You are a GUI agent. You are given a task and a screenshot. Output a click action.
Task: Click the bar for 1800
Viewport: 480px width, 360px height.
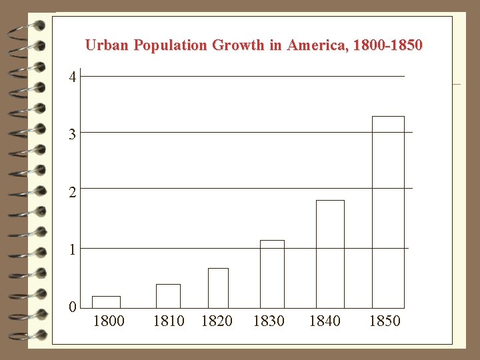pyautogui.click(x=106, y=302)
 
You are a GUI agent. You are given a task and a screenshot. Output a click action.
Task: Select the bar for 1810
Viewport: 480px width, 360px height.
pyautogui.click(x=168, y=296)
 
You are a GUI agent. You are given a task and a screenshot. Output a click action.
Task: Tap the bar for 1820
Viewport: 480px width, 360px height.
pyautogui.click(x=218, y=288)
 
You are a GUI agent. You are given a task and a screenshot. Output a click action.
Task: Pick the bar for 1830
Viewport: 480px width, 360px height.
pyautogui.click(x=272, y=274)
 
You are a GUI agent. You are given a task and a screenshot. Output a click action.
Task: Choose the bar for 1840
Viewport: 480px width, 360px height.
pyautogui.click(x=330, y=254)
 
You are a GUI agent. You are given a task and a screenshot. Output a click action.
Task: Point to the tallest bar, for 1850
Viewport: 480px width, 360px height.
pyautogui.click(x=388, y=212)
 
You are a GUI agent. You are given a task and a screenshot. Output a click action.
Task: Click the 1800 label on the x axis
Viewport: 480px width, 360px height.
pyautogui.click(x=109, y=321)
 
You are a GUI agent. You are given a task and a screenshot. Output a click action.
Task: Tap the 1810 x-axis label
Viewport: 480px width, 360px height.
pyautogui.click(x=169, y=321)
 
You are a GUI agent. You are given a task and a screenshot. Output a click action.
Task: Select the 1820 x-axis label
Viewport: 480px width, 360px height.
pyautogui.click(x=217, y=321)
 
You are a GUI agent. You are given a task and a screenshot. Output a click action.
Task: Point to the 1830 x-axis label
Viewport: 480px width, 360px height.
pyautogui.click(x=269, y=321)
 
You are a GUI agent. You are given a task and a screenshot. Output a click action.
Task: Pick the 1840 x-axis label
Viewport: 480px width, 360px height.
pyautogui.click(x=325, y=321)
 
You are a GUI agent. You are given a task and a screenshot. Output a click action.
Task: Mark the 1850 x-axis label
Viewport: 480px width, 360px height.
pyautogui.click(x=385, y=321)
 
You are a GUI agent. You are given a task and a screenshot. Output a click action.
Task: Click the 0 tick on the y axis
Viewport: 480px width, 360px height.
pyautogui.click(x=73, y=307)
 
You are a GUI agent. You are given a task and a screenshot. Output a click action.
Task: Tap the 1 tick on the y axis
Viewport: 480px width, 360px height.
pyautogui.click(x=73, y=249)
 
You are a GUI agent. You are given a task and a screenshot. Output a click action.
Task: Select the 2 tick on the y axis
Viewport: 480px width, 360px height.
pyautogui.click(x=73, y=192)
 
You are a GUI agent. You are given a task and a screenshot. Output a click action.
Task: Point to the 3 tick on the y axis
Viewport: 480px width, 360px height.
pyautogui.click(x=73, y=135)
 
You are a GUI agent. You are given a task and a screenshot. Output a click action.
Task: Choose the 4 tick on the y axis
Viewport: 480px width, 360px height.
pyautogui.click(x=73, y=77)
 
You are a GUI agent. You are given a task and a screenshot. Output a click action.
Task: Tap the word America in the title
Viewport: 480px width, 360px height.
pyautogui.click(x=315, y=45)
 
